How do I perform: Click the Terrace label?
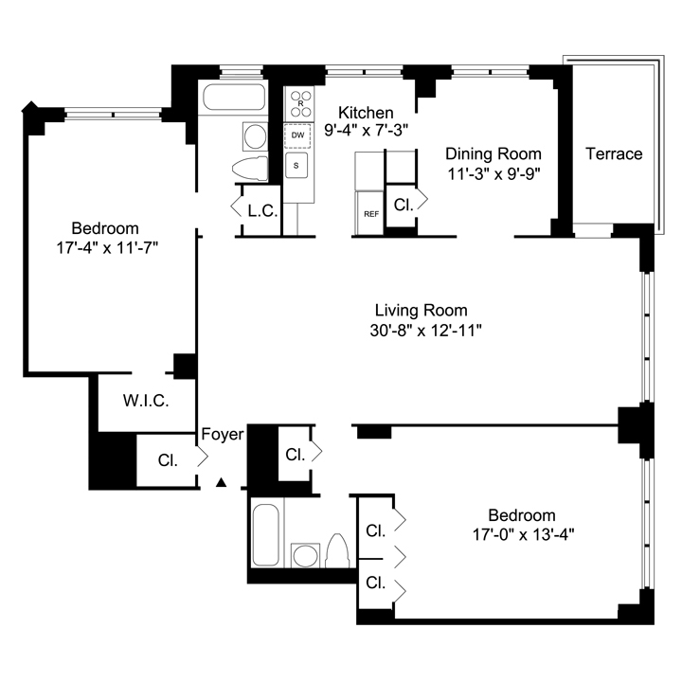point(614,154)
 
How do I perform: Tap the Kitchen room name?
point(366,113)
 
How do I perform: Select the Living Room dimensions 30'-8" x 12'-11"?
point(426,331)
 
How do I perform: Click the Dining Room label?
point(494,154)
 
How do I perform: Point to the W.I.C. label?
point(146,401)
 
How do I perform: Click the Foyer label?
point(223,434)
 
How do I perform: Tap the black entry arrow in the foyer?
point(222,482)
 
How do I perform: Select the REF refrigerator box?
point(369,213)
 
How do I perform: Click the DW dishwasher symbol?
point(298,135)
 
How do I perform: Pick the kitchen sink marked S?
point(296,165)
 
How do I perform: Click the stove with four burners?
point(299,103)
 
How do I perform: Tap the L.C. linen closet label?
point(262,211)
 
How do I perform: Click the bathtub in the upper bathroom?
point(234,97)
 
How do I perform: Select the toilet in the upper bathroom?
point(250,169)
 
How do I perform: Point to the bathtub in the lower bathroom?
point(265,535)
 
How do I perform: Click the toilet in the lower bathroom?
point(337,550)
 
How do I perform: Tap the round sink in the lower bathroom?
point(305,555)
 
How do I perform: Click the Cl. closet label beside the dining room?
point(404,205)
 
